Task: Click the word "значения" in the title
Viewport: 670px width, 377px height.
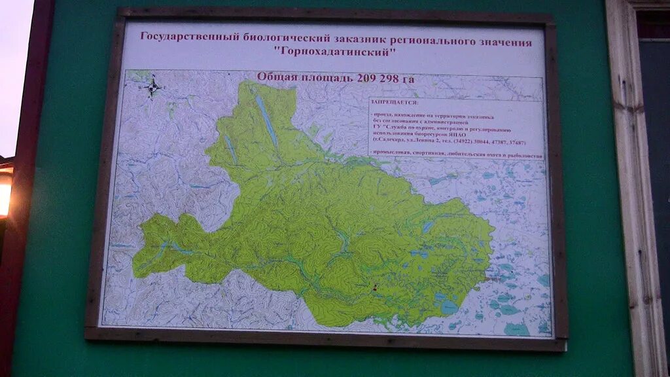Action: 504,43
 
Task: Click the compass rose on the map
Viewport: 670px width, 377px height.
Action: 153,86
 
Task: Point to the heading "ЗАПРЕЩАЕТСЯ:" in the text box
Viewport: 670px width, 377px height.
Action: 393,103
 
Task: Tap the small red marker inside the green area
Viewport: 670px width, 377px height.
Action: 375,287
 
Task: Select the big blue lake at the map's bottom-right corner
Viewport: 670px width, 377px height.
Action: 517,329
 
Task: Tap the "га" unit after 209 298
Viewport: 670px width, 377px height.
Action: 408,79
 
